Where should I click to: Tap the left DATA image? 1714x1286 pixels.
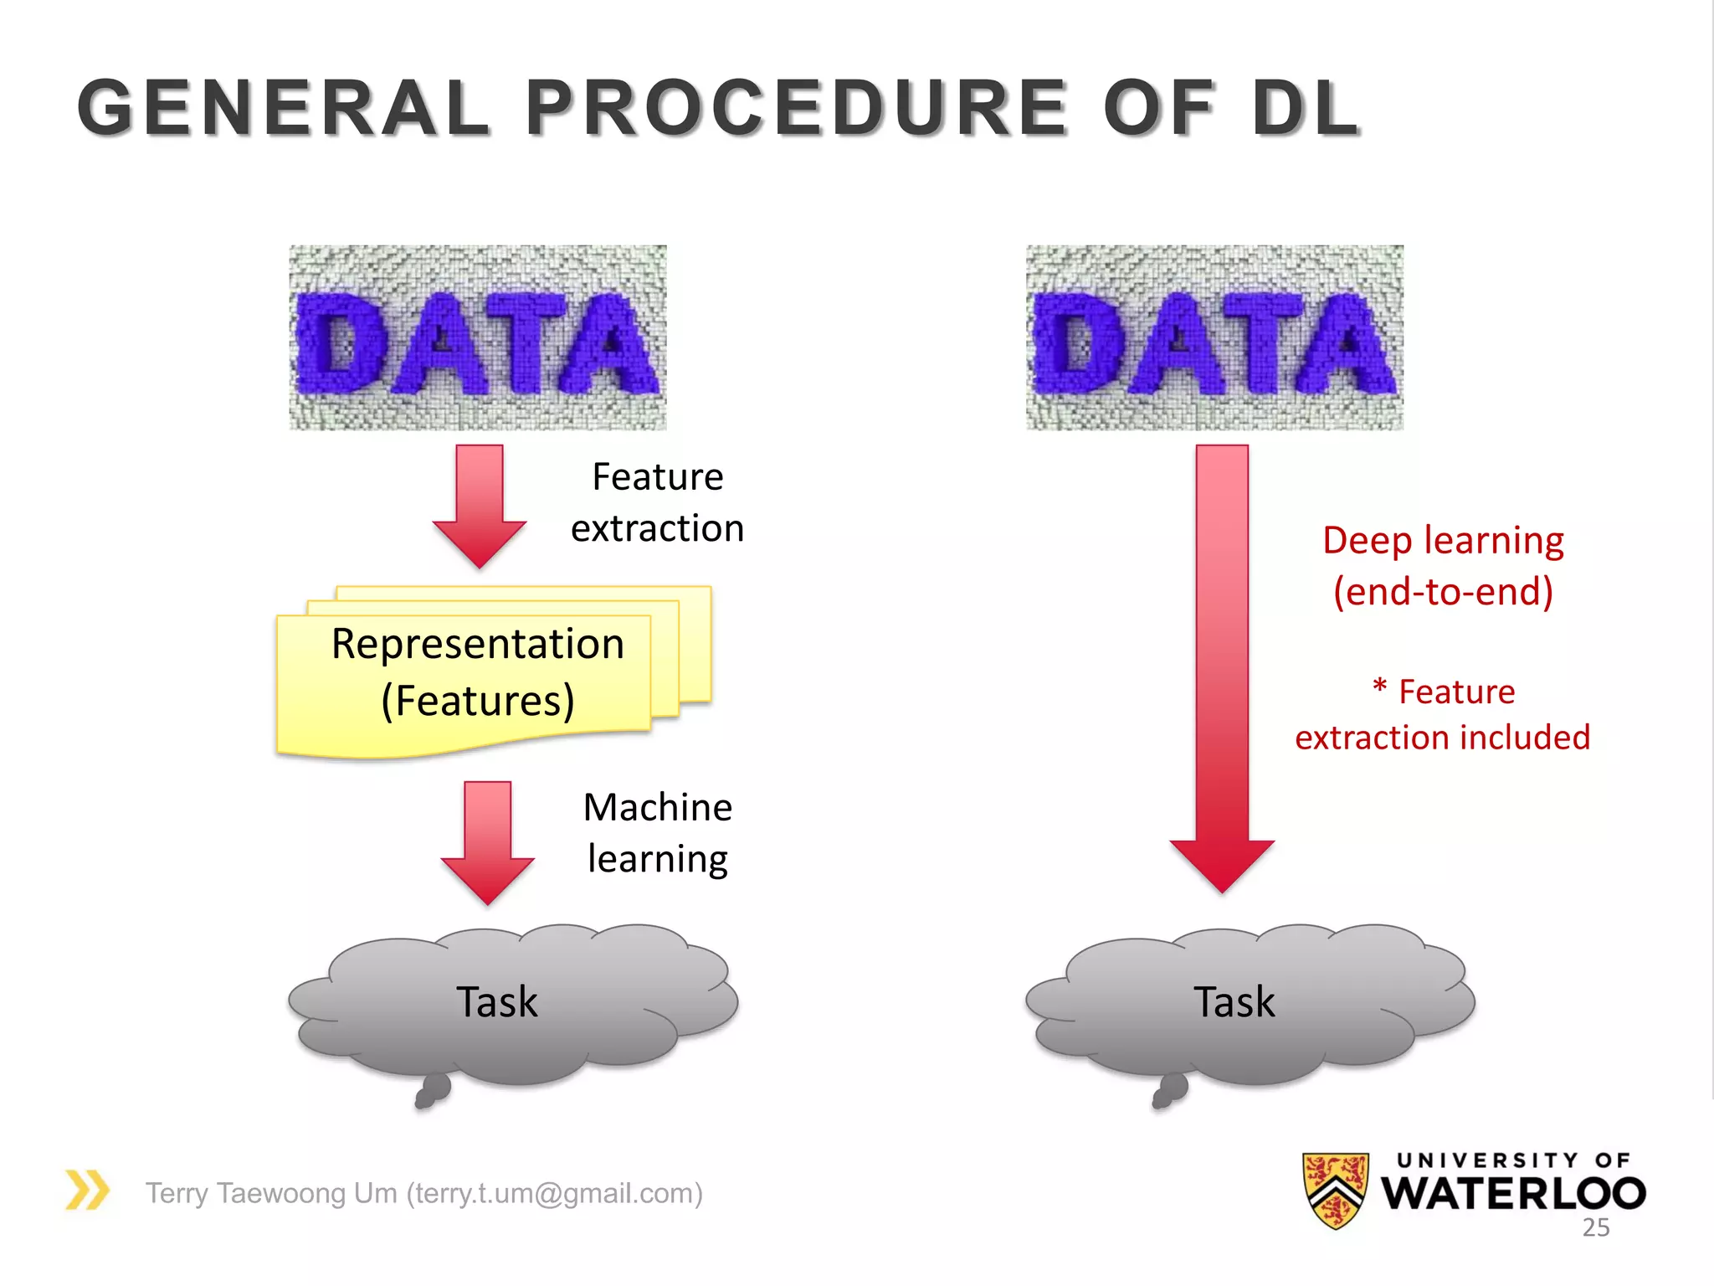pos(478,337)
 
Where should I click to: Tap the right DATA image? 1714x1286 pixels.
pos(1214,337)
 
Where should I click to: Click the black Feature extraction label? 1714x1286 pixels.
pos(657,502)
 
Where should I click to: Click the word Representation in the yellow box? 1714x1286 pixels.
pos(477,644)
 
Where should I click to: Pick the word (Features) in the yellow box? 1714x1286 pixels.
pos(478,701)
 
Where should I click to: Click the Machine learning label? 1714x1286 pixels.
pos(658,833)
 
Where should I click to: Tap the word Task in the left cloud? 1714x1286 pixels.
pos(496,1002)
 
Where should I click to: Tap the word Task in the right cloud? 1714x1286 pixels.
pos(1234,1002)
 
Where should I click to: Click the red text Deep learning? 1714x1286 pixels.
pos(1443,541)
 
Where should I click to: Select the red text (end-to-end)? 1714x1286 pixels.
pos(1443,592)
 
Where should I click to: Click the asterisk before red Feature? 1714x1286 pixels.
pos(1379,689)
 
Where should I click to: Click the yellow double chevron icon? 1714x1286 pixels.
pos(87,1190)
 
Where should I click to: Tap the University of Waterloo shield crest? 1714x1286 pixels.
pos(1336,1190)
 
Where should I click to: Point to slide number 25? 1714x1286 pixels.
pos(1595,1227)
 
